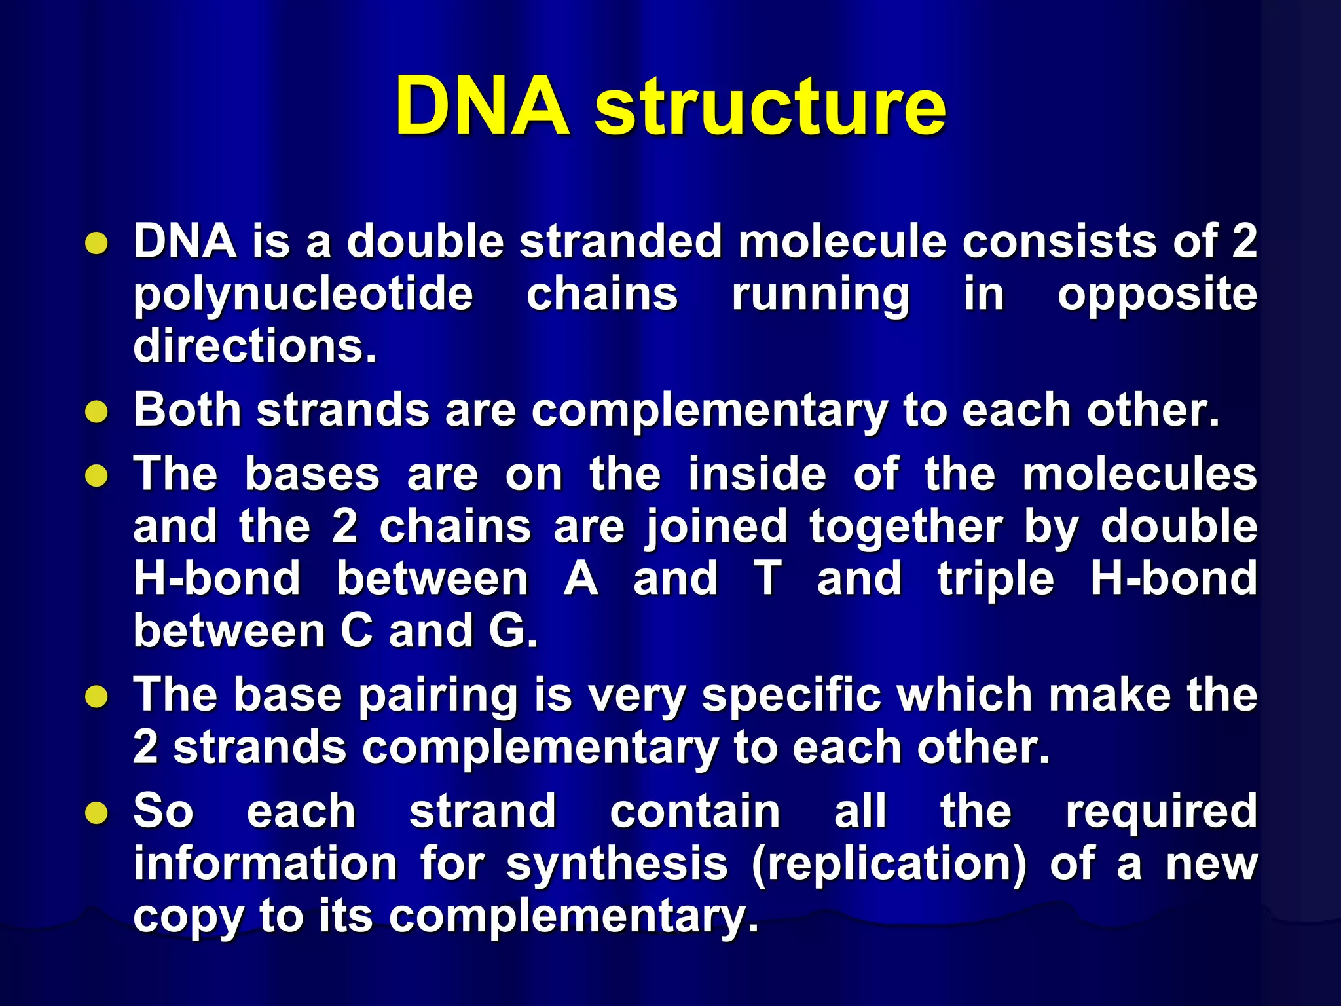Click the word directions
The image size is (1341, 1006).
point(254,346)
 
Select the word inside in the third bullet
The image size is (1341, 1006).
point(757,474)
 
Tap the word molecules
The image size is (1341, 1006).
point(1139,474)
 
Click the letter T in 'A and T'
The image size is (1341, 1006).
point(767,579)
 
